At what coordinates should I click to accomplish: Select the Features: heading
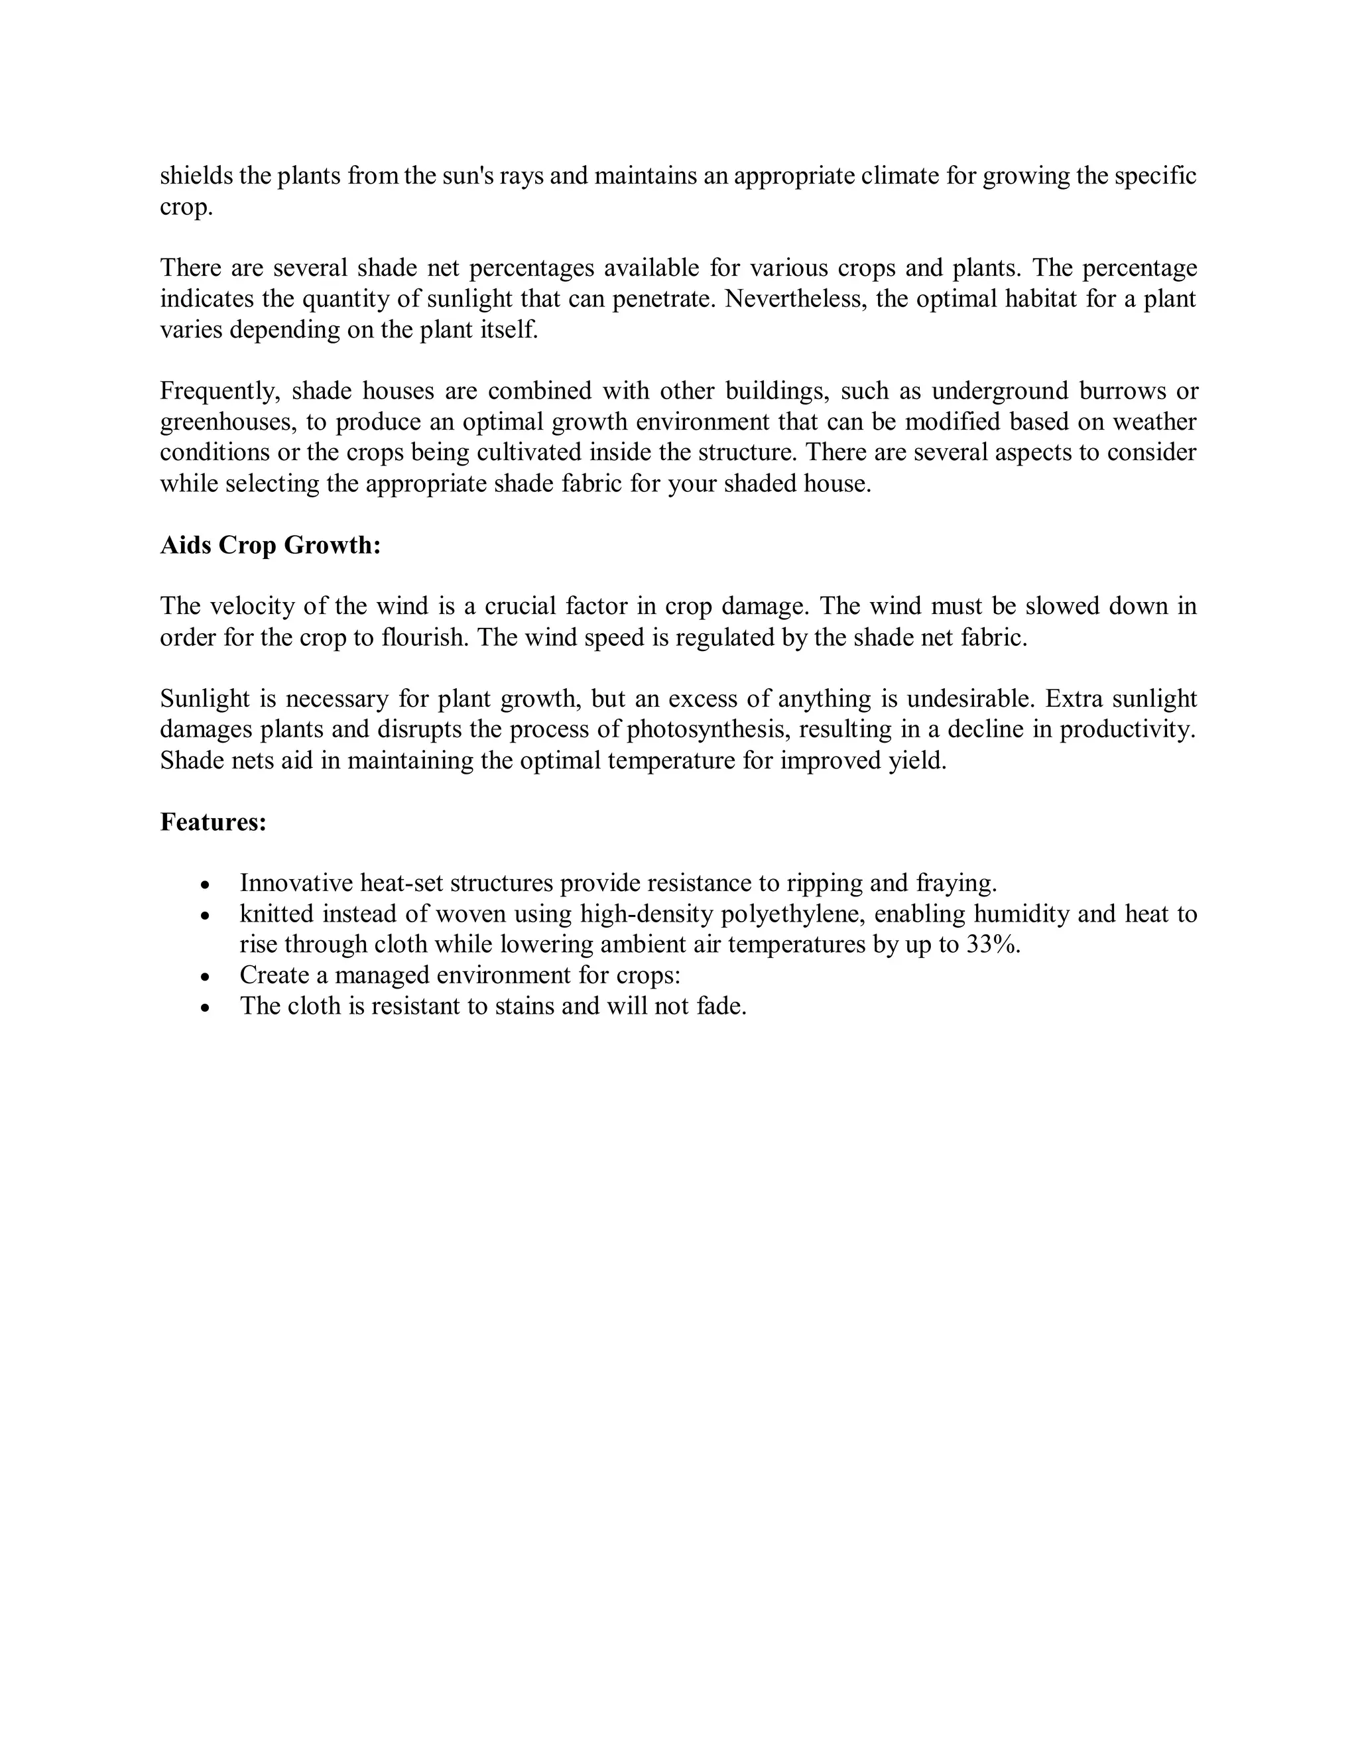tap(214, 822)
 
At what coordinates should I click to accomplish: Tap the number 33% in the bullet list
tap(992, 944)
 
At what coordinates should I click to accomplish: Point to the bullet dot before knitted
tap(206, 916)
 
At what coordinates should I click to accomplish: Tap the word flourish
tap(426, 638)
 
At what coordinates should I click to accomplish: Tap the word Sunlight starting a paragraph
tap(205, 698)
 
